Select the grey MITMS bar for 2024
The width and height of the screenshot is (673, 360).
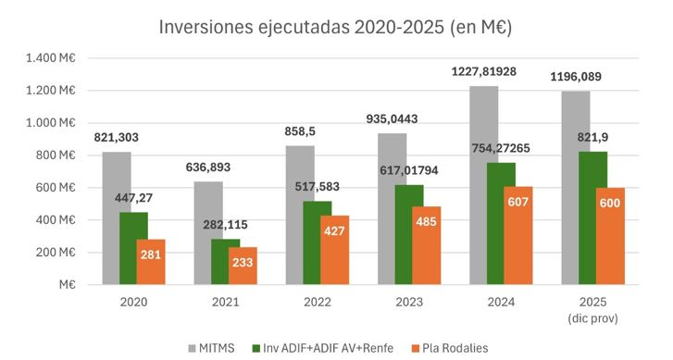tap(483, 185)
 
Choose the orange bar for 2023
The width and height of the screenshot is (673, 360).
tap(427, 244)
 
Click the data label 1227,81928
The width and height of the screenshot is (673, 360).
tap(488, 71)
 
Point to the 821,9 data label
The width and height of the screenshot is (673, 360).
tap(592, 136)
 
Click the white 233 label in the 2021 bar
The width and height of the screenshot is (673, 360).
tap(243, 263)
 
